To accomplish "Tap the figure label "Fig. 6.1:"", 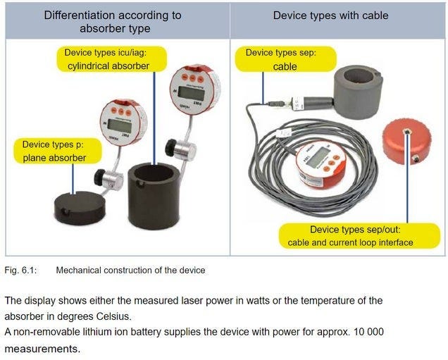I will coord(20,270).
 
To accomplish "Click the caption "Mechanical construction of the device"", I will coord(130,270).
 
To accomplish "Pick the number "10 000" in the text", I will coord(366,331).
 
